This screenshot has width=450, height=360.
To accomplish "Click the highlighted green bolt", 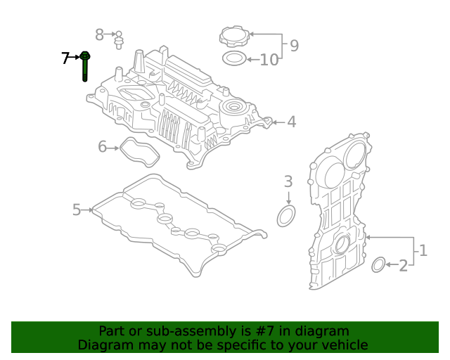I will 84,66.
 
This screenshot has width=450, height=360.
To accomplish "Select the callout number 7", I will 65,58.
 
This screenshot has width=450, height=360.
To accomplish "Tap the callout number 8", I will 100,34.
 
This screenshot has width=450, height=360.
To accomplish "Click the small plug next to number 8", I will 120,38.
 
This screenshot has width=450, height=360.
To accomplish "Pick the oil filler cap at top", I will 234,37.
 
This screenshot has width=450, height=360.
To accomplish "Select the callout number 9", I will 293,46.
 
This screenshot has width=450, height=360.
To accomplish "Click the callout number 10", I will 269,60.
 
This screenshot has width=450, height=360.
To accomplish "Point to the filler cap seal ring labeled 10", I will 234,58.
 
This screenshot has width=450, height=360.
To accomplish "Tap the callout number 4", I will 290,122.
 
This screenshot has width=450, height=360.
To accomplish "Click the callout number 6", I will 102,147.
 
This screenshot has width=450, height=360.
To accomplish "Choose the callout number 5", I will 77,209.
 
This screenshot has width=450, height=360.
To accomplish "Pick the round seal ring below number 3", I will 286,217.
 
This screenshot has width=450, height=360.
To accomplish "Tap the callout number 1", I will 423,250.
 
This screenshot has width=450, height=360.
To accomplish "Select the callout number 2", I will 403,266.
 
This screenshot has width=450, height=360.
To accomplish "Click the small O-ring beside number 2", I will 378,265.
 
